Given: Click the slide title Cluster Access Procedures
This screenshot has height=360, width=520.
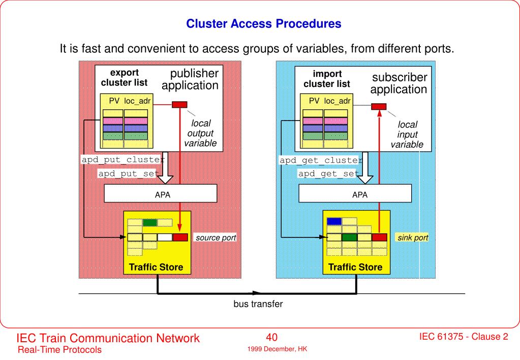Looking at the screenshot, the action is tap(264, 23).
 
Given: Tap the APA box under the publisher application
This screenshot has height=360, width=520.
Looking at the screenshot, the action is tap(161, 193).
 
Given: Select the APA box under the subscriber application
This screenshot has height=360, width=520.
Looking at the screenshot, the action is tap(355, 193).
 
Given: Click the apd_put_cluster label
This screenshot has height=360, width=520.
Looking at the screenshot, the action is tap(123, 160).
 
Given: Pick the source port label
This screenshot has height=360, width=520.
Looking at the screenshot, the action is tap(216, 237).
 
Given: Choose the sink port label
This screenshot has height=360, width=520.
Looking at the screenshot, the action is tap(413, 237).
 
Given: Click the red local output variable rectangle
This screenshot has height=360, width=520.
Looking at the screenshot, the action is tap(179, 105).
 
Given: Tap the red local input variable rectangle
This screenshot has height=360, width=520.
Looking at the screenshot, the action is tap(379, 106).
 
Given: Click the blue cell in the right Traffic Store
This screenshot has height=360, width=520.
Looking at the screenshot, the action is tap(334, 221).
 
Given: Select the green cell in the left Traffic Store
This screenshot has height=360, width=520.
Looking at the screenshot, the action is tap(150, 222).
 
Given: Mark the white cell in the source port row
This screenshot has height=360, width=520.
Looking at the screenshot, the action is tap(165, 237).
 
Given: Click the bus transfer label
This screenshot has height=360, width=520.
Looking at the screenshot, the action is tap(258, 304).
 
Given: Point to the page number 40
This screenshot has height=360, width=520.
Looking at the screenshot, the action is tap(271, 337).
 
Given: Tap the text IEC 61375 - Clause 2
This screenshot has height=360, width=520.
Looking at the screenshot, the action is tap(464, 337).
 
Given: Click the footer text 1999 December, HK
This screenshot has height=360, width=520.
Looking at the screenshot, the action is tap(277, 349).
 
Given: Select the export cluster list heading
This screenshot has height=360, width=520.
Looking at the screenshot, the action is tap(125, 78).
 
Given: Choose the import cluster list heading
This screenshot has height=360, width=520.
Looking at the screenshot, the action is tap(327, 79).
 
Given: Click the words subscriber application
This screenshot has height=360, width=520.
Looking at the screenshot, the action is tap(399, 83).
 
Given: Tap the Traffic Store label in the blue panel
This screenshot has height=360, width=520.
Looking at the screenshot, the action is tap(355, 267).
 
